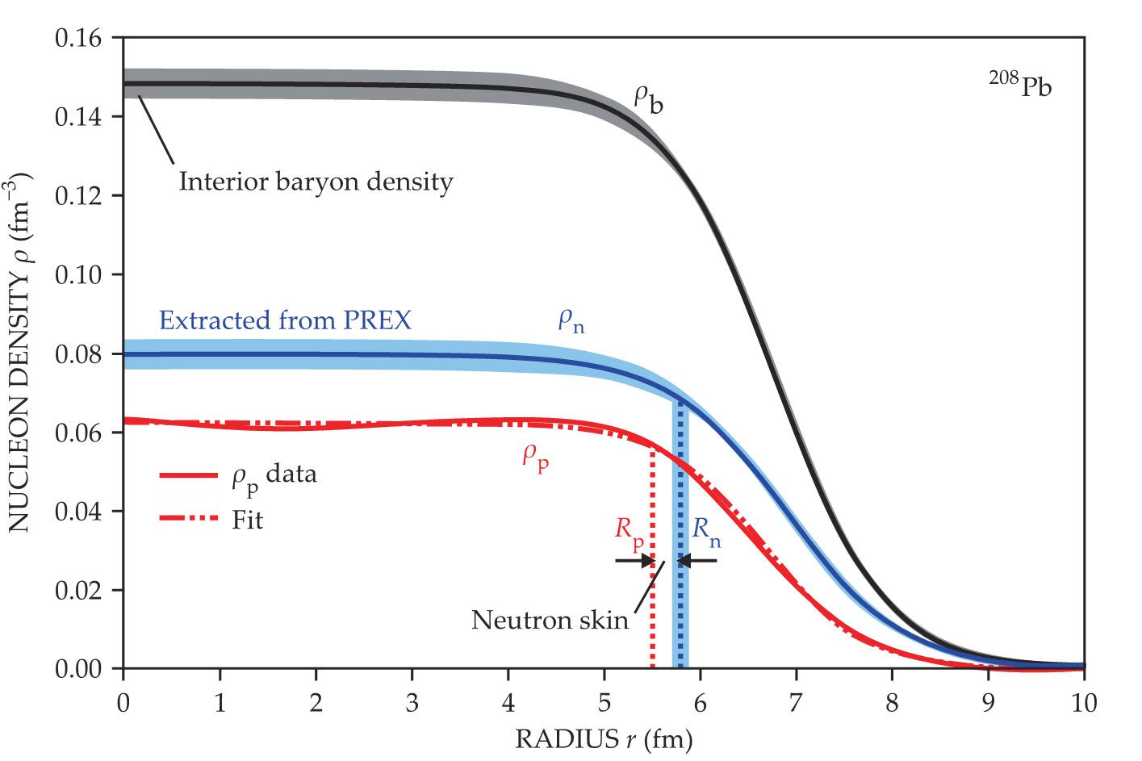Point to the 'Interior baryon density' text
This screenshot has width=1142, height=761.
tap(316, 182)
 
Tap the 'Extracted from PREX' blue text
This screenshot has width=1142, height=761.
tap(285, 320)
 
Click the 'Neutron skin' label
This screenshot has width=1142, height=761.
tap(550, 620)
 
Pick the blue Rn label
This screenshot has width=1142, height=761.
tap(706, 531)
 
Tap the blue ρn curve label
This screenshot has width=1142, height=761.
tap(571, 321)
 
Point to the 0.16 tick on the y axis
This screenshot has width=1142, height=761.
tap(78, 38)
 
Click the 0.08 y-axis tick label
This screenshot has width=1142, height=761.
tap(78, 353)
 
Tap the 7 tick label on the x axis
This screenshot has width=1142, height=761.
tap(796, 703)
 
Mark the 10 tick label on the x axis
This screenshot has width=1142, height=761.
tap(1084, 703)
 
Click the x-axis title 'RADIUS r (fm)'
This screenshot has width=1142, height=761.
tap(604, 739)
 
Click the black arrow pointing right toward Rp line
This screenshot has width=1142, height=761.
tap(634, 560)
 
